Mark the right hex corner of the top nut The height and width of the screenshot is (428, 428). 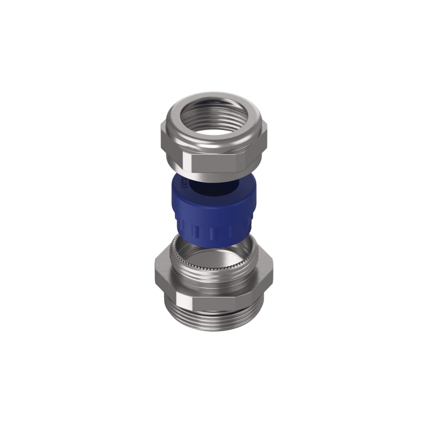[266, 140]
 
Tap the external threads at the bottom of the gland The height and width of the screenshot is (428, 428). [214, 321]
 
